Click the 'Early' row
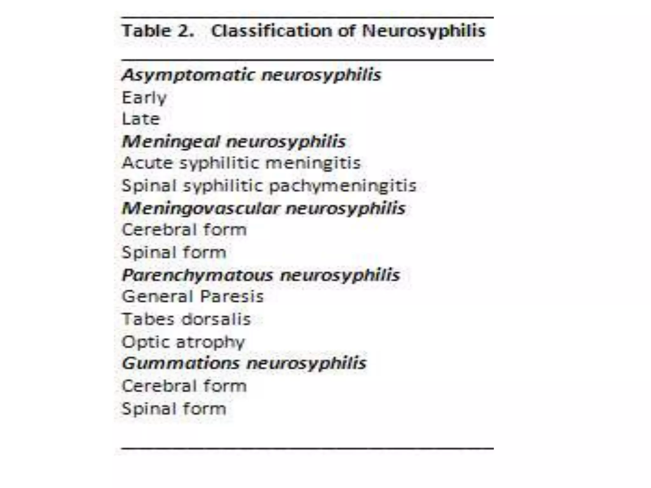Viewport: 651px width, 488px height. click(144, 98)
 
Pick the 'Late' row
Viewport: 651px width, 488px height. click(141, 119)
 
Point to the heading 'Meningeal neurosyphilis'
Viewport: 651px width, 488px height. click(234, 141)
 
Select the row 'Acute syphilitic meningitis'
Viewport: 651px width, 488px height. click(241, 163)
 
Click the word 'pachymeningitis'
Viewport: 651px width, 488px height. click(343, 186)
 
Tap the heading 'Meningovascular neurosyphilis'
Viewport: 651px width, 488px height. click(264, 208)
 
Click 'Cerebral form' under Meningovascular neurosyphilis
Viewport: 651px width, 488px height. click(184, 230)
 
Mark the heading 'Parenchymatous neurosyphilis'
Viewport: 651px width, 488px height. click(261, 275)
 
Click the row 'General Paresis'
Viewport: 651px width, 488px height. click(193, 297)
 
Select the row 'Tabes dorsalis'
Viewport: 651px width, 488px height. click(186, 319)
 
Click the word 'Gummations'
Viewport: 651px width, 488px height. click(180, 363)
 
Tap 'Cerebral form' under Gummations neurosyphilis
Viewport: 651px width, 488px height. click(184, 386)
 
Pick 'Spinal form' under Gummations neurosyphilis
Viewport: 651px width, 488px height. click(174, 409)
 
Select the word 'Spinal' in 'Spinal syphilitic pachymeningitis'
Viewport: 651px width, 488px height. click(149, 186)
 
